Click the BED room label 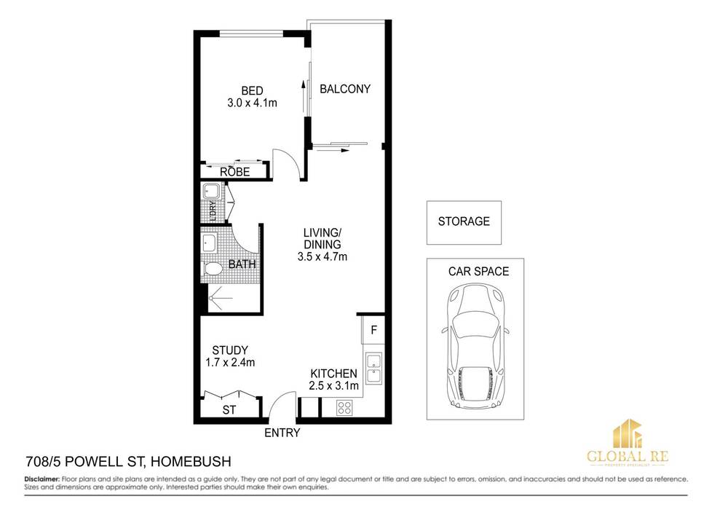coord(252,91)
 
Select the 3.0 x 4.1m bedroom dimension coord(252,103)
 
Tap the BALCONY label coord(345,89)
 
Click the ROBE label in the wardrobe coord(235,173)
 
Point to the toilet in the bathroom coord(213,270)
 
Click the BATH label coord(242,264)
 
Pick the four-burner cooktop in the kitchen coord(344,409)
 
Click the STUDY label coord(229,350)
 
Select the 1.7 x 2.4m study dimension coord(229,362)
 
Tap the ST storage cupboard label coord(229,410)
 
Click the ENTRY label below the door coord(282,433)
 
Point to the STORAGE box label coord(464,221)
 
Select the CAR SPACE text coord(478,272)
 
